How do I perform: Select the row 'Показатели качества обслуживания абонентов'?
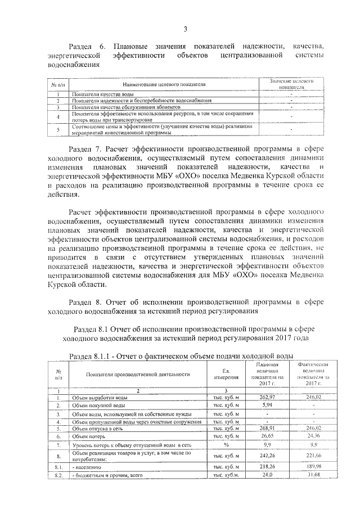pos(126,106)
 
